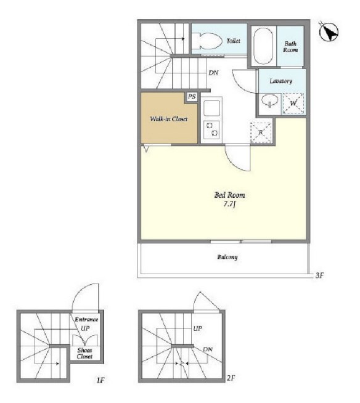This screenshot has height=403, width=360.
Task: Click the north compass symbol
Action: point(329,32)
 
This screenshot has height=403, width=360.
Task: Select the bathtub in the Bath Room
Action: point(263,46)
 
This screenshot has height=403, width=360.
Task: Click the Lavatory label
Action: point(281,81)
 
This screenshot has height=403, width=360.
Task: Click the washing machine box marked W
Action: point(293,104)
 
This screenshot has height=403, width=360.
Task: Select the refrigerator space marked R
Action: point(261,132)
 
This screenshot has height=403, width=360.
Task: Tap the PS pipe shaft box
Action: point(192,97)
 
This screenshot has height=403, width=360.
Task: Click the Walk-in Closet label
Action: point(169,119)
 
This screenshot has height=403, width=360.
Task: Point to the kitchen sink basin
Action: point(212,108)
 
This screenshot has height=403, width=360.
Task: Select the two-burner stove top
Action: point(212,129)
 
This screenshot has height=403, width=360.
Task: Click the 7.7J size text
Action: point(230,205)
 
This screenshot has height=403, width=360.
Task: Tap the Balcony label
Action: point(227,257)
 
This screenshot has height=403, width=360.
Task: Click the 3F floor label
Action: point(319,275)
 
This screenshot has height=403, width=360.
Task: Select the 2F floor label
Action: point(231,378)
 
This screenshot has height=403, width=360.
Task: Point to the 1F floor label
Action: point(100,380)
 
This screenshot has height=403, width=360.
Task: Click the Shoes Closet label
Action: point(84,353)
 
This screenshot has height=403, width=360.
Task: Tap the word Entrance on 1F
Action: point(86,319)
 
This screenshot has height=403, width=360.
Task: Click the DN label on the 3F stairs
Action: point(213,73)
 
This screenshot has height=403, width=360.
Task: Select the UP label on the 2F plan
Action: point(197,328)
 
